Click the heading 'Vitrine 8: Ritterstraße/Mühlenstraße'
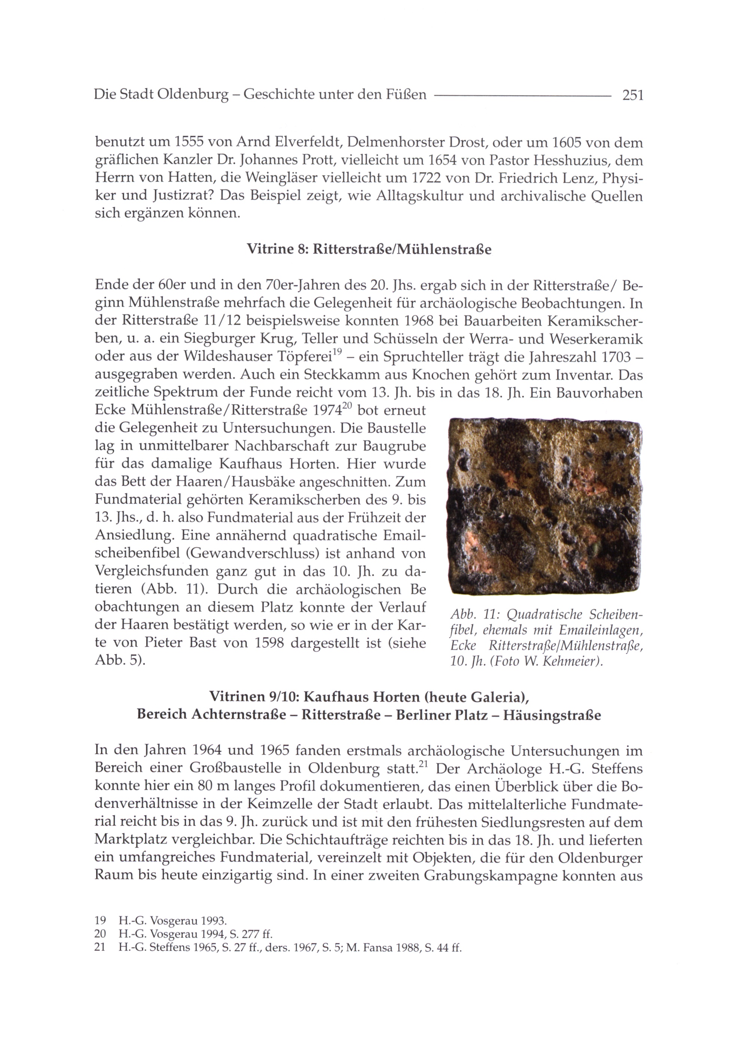pos(369,250)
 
